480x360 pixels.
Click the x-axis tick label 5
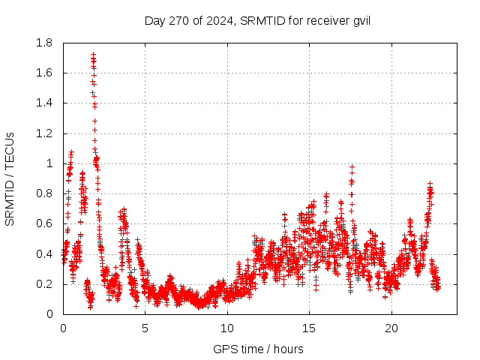[x=145, y=328]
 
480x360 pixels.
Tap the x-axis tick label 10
[x=227, y=328]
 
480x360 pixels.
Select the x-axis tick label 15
[x=309, y=328]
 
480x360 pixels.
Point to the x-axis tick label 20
[x=391, y=328]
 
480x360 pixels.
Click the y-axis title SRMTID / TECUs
[x=10, y=178]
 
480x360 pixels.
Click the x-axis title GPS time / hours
[x=258, y=349]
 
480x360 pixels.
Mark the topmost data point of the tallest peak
[x=93, y=54]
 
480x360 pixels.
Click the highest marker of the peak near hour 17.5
[x=352, y=166]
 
